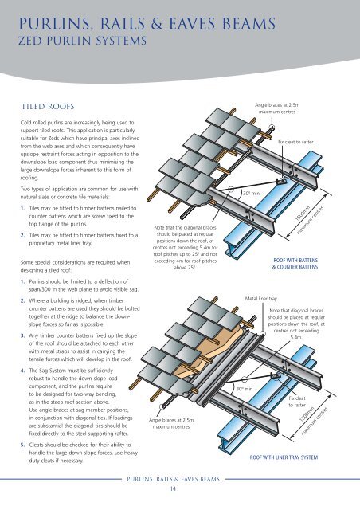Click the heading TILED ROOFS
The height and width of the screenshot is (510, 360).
point(53,104)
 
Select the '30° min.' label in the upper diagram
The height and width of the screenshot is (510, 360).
point(252,193)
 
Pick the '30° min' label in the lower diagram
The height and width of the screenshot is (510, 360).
point(246,389)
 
